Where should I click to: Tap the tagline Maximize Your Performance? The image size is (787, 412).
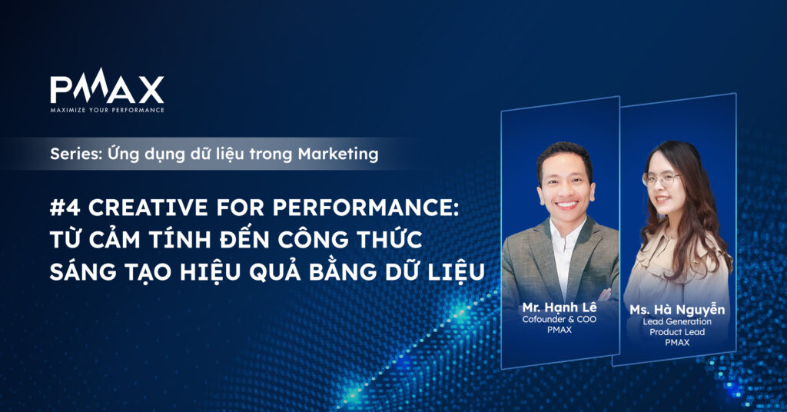pos(107,110)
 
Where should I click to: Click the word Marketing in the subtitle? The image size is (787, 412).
pos(338,154)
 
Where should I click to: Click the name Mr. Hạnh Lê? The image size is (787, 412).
pos(560,307)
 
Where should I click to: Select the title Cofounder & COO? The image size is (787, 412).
pos(560,319)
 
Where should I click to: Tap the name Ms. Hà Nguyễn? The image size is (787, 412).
pos(677,309)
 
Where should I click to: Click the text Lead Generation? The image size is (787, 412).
pos(677,321)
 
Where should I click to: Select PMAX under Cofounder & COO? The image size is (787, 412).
pos(560,330)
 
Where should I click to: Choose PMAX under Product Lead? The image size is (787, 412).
pos(677,343)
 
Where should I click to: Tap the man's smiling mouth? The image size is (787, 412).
pos(567,204)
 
